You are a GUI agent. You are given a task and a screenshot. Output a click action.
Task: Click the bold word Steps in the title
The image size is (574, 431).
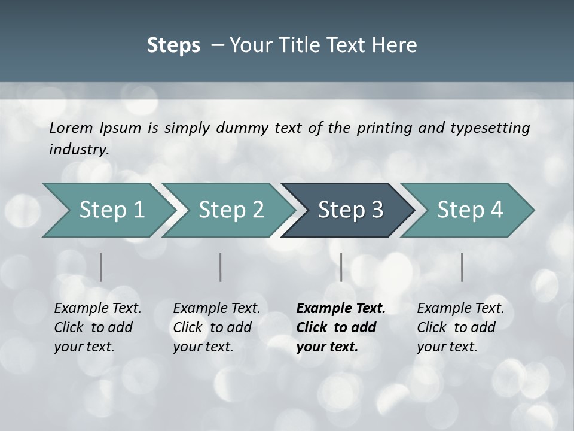click(173, 45)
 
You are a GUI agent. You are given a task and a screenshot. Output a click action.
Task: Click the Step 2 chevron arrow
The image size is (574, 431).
click(227, 210)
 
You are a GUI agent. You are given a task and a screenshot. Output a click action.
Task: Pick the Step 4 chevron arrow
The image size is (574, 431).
click(466, 210)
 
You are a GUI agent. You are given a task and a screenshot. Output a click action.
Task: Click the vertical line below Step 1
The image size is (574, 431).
click(100, 267)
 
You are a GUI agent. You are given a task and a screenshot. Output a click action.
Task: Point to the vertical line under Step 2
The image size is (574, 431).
click(221, 267)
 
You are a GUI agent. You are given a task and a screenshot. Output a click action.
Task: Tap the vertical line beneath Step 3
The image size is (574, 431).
click(341, 267)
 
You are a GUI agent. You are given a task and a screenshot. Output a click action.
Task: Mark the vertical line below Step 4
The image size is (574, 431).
click(462, 267)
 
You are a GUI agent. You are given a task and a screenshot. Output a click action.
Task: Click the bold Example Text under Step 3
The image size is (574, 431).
click(341, 309)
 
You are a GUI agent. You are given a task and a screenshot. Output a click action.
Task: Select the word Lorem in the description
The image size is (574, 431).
click(71, 128)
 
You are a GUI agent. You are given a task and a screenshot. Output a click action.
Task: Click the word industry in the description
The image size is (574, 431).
click(78, 150)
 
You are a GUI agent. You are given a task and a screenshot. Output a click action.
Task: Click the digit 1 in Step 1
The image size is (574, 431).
click(138, 210)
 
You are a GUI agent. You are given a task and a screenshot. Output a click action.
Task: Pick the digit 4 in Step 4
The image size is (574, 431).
click(496, 210)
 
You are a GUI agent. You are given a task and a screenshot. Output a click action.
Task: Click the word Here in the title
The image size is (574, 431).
click(394, 45)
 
